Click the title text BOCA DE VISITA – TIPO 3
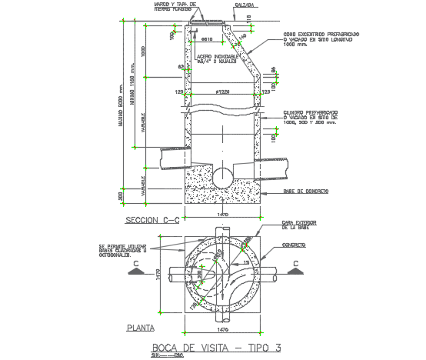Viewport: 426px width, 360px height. point(217,347)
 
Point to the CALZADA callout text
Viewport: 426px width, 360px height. point(245,5)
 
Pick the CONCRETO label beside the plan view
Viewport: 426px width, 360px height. point(294,245)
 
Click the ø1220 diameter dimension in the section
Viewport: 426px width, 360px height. point(222,92)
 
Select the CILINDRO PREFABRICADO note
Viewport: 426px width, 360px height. point(311,114)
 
